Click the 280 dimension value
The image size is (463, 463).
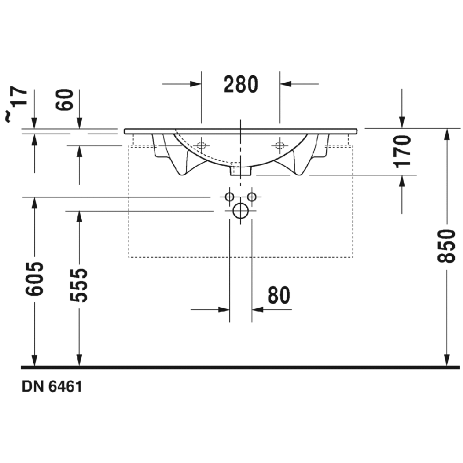tap(241, 84)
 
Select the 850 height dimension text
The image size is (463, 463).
tap(446, 246)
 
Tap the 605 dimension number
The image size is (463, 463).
tap(34, 278)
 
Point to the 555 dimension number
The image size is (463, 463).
tap(79, 285)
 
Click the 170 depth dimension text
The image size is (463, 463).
tap(403, 151)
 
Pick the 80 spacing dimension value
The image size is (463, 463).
tap(279, 295)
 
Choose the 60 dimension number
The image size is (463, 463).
tap(65, 100)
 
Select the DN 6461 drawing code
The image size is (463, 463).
tap(52, 387)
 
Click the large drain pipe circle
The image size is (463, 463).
tap(241, 211)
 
